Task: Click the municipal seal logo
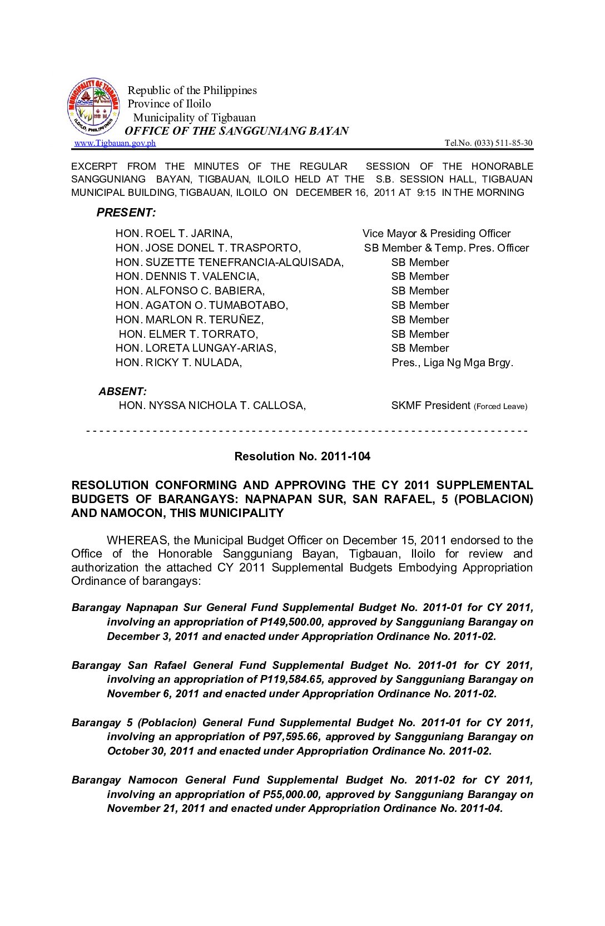pyautogui.click(x=93, y=106)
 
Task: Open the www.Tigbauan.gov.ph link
pyautogui.click(x=115, y=143)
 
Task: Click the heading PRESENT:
pyautogui.click(x=126, y=213)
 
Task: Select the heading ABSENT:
pyautogui.click(x=123, y=391)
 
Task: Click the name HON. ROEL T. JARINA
pyautogui.click(x=174, y=234)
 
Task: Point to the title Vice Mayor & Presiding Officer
pyautogui.click(x=437, y=234)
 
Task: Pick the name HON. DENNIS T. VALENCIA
pyautogui.click(x=187, y=277)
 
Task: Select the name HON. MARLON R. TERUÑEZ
pyautogui.click(x=190, y=319)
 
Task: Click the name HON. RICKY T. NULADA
pyautogui.click(x=178, y=363)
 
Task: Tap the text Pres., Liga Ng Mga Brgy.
pyautogui.click(x=453, y=363)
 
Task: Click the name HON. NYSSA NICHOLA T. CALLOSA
pyautogui.click(x=212, y=406)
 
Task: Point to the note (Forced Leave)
pyautogui.click(x=500, y=406)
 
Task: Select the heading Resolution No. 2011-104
pyautogui.click(x=302, y=456)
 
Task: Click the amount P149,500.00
pyautogui.click(x=291, y=622)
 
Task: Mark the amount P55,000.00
pyautogui.click(x=291, y=794)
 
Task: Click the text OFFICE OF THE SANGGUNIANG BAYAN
pyautogui.click(x=237, y=131)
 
